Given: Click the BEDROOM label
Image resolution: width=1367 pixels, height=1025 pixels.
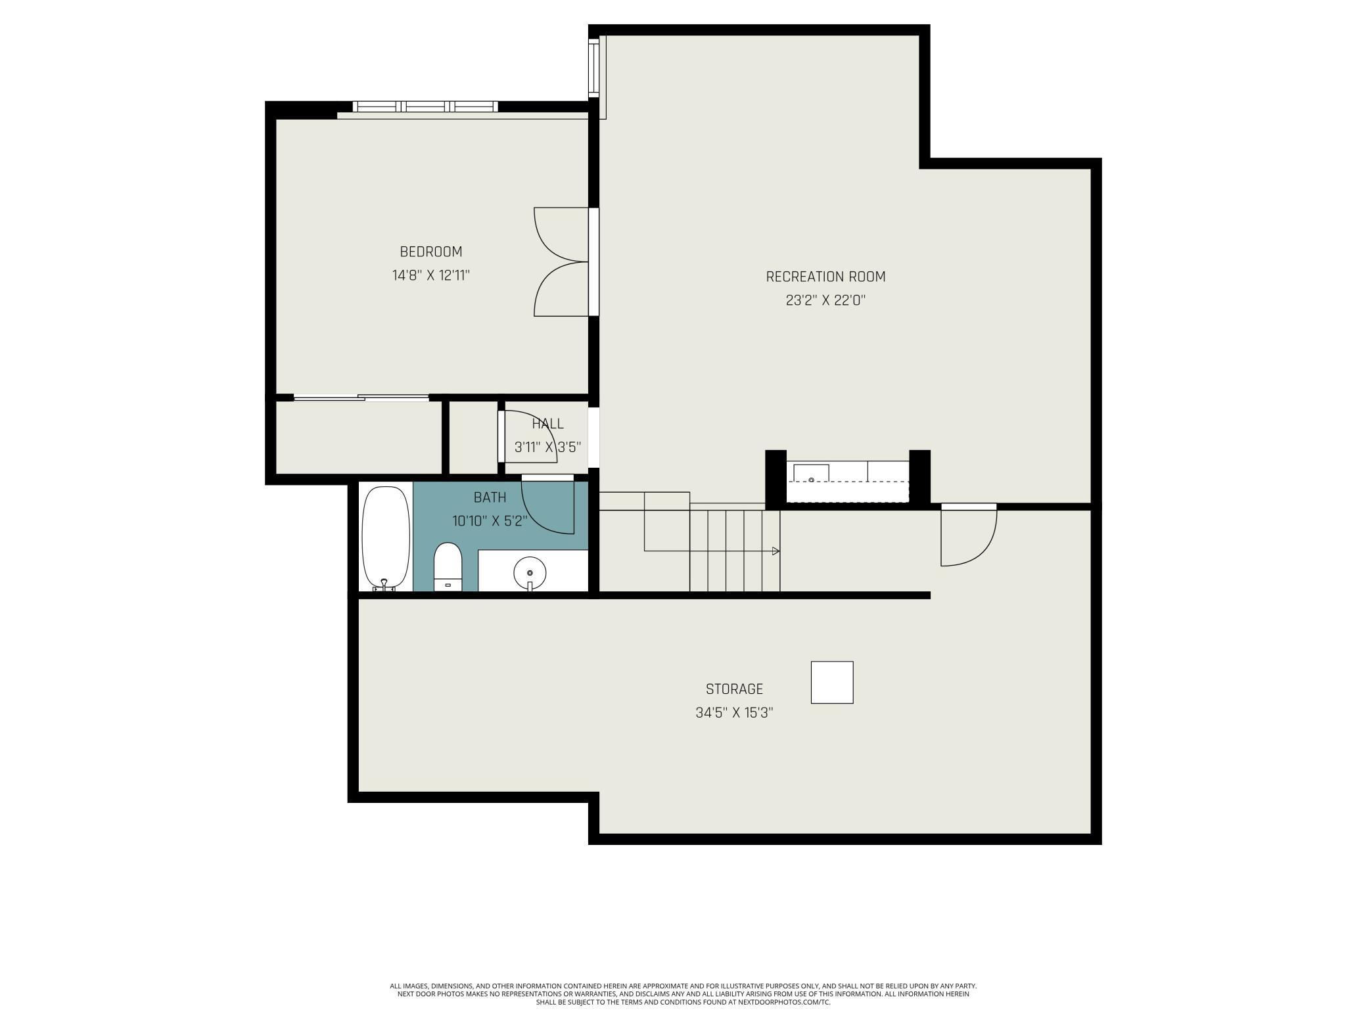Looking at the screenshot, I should coord(430,252).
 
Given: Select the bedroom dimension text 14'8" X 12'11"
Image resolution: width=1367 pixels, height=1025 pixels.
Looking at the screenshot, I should coord(430,275).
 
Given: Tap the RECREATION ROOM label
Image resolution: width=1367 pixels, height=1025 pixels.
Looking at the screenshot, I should coord(825,277).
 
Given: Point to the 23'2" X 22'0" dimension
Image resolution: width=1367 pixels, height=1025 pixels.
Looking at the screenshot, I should coord(825,300).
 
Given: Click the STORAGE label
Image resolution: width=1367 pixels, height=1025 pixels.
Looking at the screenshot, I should coord(734,689).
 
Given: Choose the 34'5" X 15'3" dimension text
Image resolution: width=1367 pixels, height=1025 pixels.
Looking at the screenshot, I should coord(734,713).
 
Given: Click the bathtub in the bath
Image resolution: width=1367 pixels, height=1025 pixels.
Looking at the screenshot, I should coord(386,537).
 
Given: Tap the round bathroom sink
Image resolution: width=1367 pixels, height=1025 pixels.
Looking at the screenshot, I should coord(530,573).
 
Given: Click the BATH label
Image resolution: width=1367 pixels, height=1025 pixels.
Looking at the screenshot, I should coord(490,497).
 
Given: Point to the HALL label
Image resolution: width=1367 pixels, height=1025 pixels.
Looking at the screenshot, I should coord(547,424).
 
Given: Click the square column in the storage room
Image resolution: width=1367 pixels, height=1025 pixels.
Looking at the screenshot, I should coord(831,682).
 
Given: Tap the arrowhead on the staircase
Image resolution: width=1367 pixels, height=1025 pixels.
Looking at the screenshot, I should coord(776,551).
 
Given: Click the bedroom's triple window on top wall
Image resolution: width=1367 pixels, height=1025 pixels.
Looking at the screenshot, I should coord(425,106).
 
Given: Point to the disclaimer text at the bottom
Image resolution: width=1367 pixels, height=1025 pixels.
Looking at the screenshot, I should coord(683,994).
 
